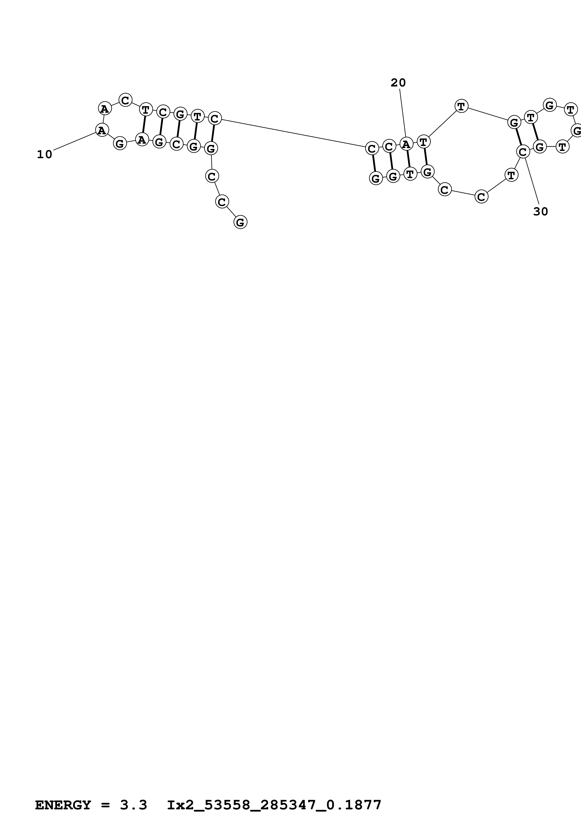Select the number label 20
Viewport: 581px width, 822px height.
point(398,83)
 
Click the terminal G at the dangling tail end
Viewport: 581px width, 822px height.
point(240,222)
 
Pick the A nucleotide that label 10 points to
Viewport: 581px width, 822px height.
point(102,130)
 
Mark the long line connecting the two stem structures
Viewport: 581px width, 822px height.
point(293,133)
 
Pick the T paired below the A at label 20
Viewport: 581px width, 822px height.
point(410,174)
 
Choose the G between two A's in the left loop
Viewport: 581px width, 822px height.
point(120,144)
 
